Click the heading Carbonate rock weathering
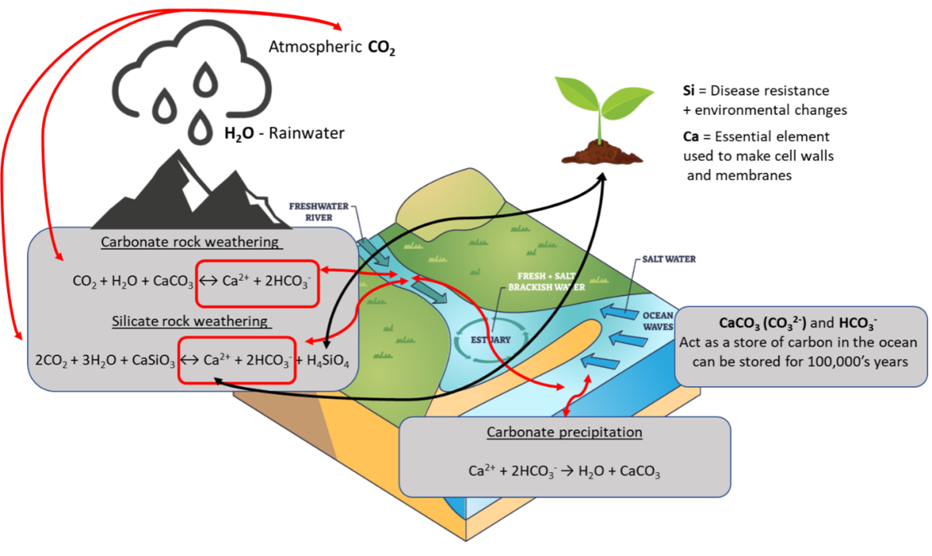pyautogui.click(x=191, y=242)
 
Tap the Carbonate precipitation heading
pyautogui.click(x=564, y=432)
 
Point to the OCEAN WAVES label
pyautogui.click(x=658, y=321)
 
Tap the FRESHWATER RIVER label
pyautogui.click(x=316, y=212)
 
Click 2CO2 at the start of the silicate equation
pyautogui.click(x=50, y=360)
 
